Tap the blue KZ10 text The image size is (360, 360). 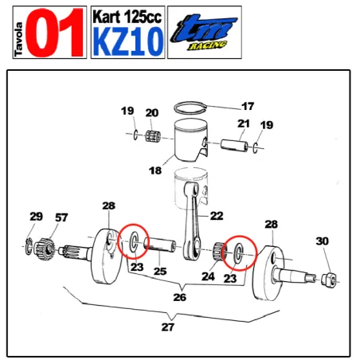pyautogui.click(x=127, y=39)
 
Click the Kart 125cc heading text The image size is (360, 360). pyautogui.click(x=127, y=15)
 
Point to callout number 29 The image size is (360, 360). pyautogui.click(x=36, y=217)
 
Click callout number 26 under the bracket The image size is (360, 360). pyautogui.click(x=180, y=297)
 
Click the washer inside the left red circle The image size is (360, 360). pyautogui.click(x=135, y=241)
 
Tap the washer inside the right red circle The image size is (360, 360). pyautogui.click(x=237, y=254)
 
